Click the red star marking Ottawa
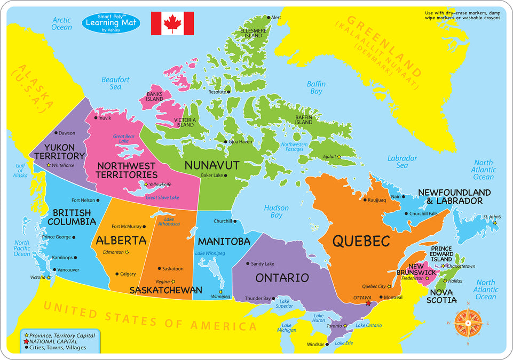368,303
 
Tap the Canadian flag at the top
172,23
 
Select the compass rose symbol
469,323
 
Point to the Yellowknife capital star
146,185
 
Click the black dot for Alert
269,18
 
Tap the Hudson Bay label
276,212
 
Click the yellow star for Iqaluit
338,157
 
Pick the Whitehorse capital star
49,165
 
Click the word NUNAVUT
211,165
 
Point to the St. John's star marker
495,223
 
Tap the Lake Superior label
283,303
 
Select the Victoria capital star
49,277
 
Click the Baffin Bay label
316,88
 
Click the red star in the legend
27,341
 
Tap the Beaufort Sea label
115,83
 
